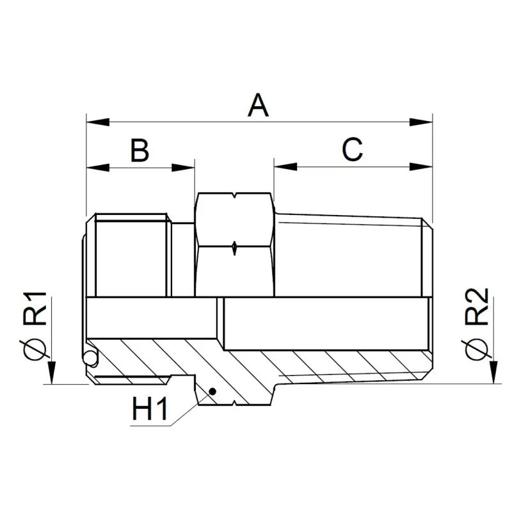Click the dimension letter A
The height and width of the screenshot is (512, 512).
pos(258,105)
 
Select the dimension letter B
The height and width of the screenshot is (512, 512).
pos(140,150)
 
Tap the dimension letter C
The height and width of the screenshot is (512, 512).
pos(353,149)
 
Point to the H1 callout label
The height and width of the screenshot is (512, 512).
pos(150,409)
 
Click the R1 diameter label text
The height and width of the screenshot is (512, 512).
pos(35,308)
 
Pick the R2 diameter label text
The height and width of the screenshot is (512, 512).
pos(477,307)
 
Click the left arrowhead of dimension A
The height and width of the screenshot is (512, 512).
pos(98,122)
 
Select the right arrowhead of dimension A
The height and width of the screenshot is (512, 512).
pos(421,122)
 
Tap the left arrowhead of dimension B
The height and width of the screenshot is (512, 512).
pos(98,168)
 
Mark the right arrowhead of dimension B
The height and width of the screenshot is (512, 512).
pos(183,168)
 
